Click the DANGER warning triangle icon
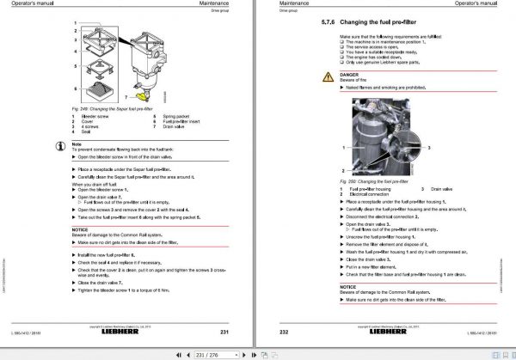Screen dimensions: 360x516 pos(329,77)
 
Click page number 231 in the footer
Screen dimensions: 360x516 pos(223,332)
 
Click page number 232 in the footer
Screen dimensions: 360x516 pos(286,332)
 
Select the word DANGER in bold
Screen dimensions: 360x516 pos(349,74)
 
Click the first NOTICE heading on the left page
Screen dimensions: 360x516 pos(79,229)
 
